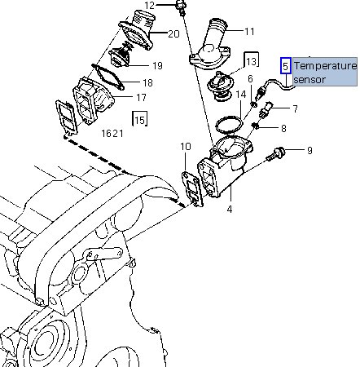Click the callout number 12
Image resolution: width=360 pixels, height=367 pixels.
point(149,5)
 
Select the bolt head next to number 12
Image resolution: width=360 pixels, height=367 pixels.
point(181,4)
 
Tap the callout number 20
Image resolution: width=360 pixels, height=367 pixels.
point(173,34)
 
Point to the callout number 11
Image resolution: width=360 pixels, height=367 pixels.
point(249,32)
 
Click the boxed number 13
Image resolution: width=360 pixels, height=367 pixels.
point(252,61)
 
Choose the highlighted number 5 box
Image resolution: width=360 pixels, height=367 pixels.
point(285,65)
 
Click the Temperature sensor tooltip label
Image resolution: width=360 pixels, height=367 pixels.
point(325,73)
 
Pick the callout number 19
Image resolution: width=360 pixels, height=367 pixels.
point(157,66)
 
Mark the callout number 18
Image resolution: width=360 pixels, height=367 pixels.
point(147,83)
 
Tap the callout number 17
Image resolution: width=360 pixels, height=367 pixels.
point(141,97)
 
